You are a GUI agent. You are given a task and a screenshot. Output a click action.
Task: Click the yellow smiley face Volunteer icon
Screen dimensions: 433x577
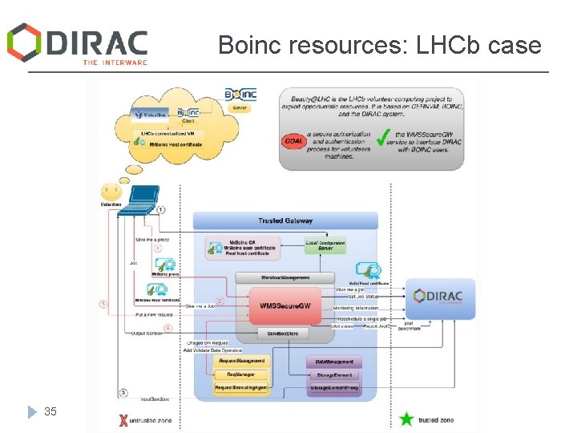coord(111,192)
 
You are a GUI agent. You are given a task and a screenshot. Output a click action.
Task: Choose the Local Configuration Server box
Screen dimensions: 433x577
coord(325,245)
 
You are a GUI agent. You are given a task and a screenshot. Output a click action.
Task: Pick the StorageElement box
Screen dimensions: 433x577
coord(334,374)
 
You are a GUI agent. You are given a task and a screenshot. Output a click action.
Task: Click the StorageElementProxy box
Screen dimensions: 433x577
coord(334,388)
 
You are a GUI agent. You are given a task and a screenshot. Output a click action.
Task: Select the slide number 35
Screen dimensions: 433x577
coord(50,411)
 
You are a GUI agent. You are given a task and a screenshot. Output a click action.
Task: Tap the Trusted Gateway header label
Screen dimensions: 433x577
coord(285,221)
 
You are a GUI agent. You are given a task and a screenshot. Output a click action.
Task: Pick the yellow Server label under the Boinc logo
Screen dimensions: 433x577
coord(240,106)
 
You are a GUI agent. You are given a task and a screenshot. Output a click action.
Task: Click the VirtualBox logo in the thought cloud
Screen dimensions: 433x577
coord(150,115)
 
